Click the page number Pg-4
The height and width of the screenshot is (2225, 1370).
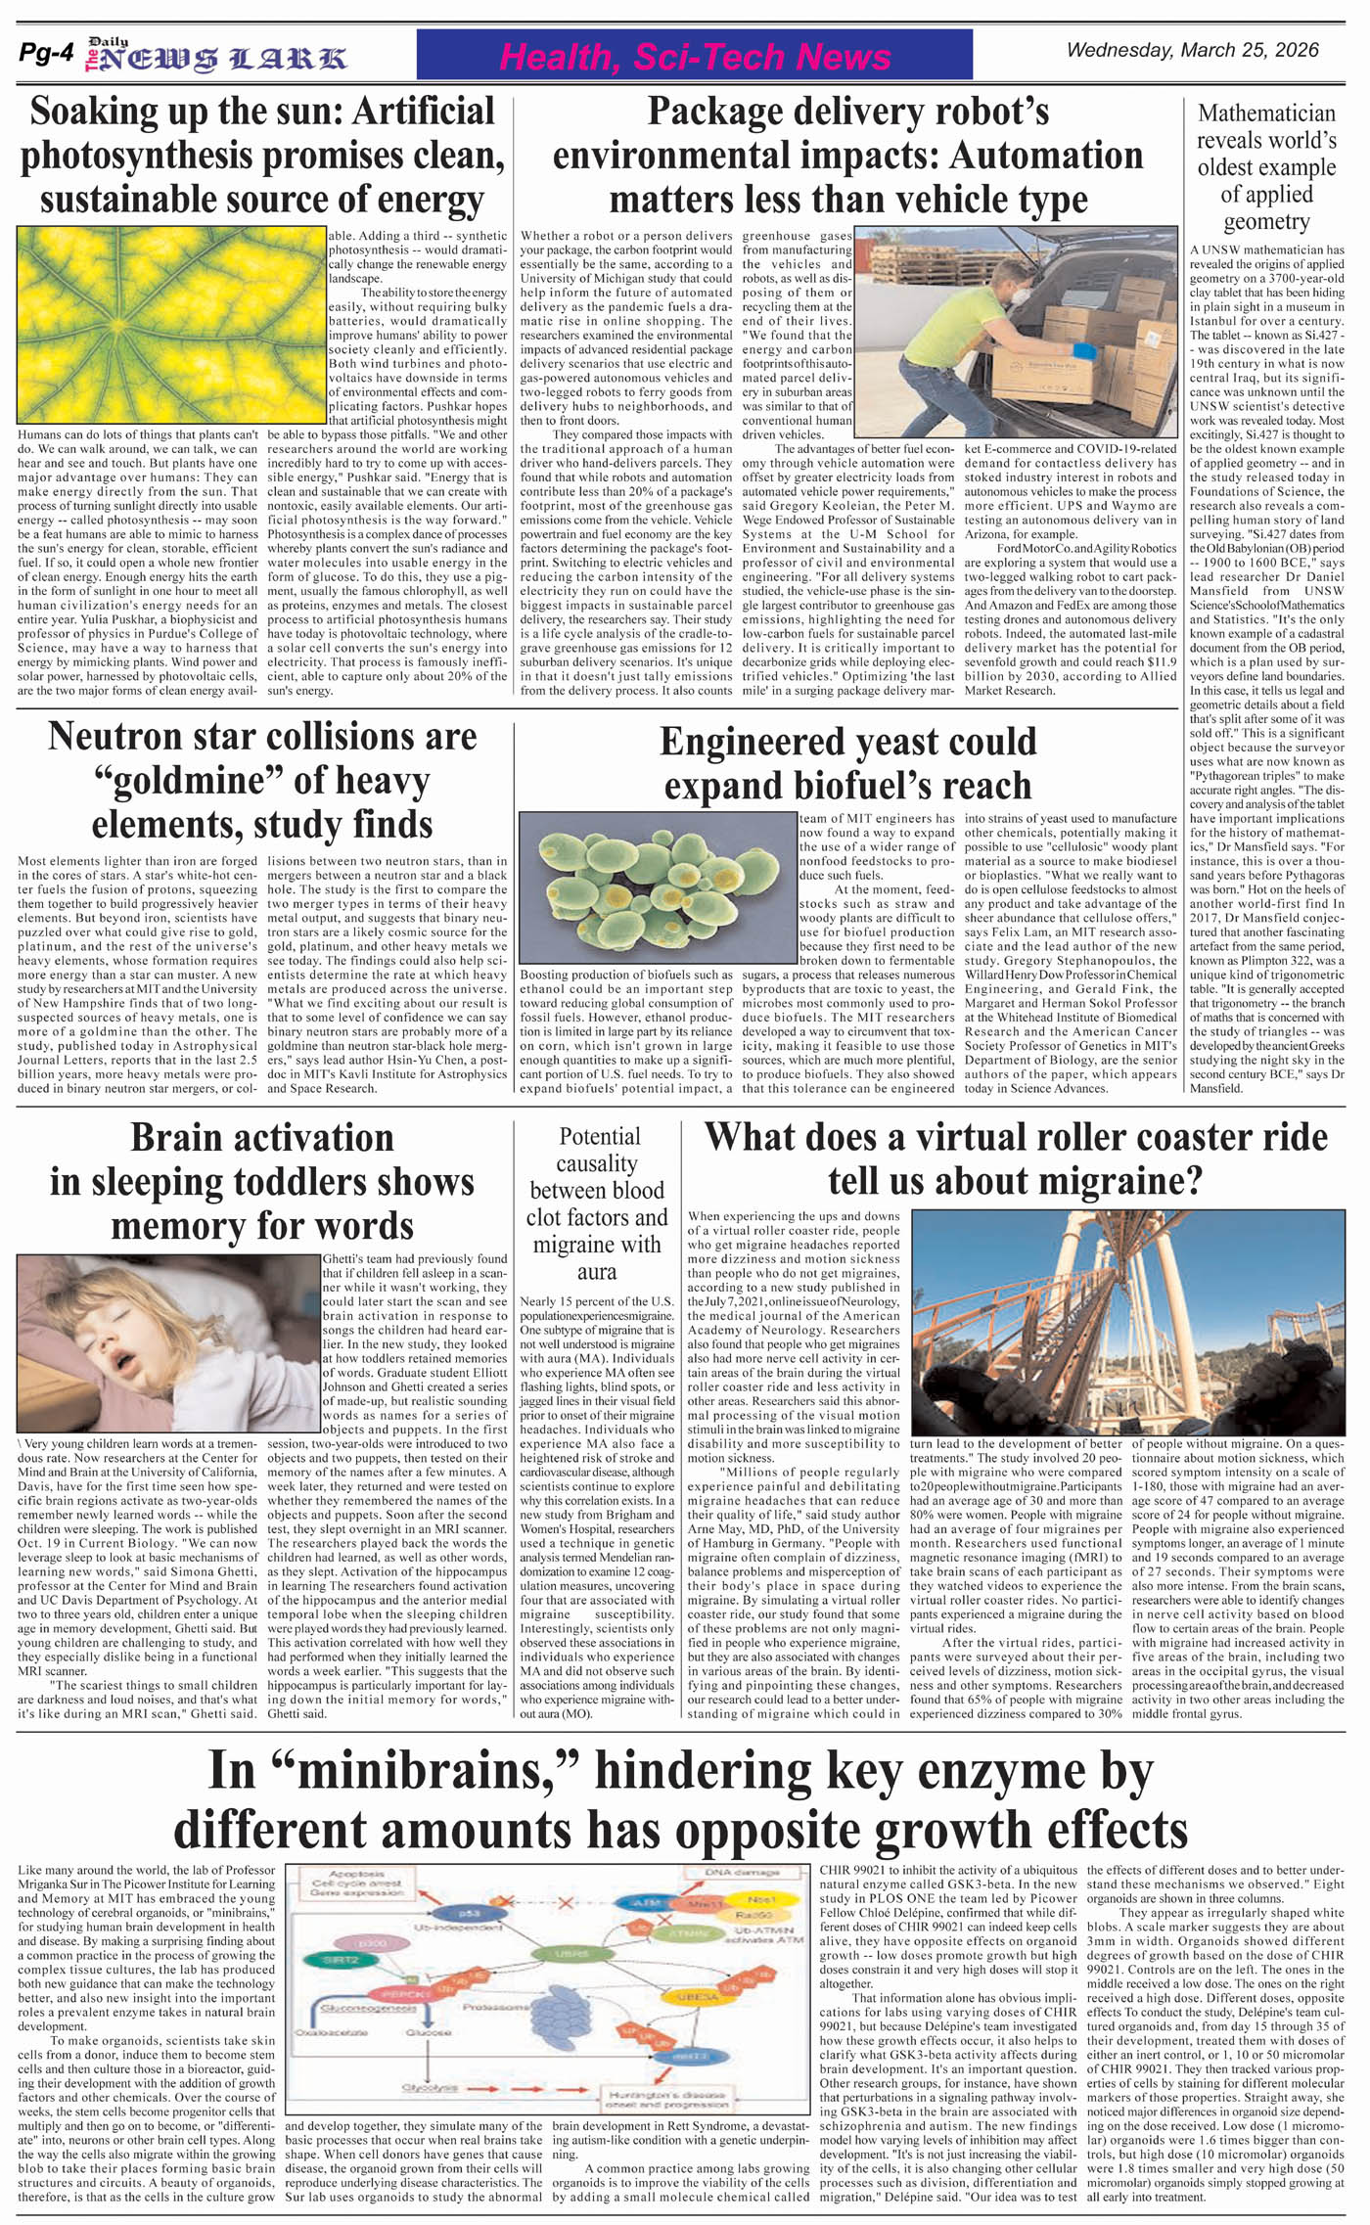point(46,55)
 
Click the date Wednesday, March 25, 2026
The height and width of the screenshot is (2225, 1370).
point(1192,50)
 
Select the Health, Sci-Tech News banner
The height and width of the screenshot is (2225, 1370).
point(694,56)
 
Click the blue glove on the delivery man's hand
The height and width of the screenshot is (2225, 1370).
point(1081,349)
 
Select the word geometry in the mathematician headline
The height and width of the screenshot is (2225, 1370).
point(1265,221)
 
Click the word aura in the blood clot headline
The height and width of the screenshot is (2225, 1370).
point(596,1272)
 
